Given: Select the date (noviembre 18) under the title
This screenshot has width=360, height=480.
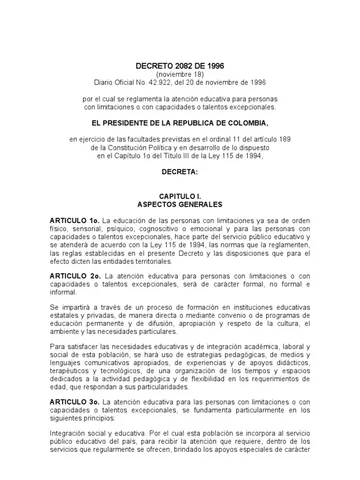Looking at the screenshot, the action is coord(181,73).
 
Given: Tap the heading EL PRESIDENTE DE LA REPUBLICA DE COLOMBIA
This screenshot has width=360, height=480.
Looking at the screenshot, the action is coord(181,119).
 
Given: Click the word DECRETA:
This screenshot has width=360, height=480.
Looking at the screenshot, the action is coord(181,171).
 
